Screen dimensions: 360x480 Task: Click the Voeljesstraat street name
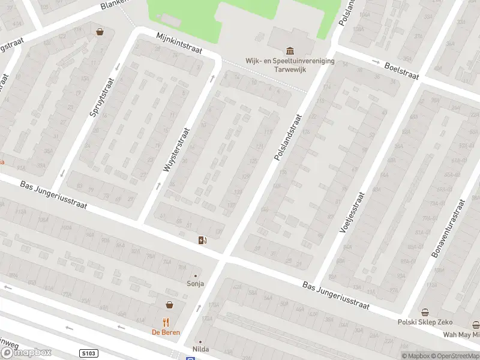coord(352,212)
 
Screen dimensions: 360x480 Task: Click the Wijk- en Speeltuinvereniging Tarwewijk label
coord(290,64)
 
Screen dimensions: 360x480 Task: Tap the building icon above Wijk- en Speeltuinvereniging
coord(290,50)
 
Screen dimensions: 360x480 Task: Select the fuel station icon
coord(203,241)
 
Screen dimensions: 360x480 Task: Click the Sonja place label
coord(196,284)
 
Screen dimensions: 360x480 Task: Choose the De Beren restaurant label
coord(165,332)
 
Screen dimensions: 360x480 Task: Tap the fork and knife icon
coord(166,322)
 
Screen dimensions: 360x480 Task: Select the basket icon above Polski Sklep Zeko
coord(425,312)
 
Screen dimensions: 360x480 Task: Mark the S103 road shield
coord(88,354)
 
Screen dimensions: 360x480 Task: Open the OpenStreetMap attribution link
coord(455,356)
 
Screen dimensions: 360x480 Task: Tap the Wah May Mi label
coord(461,335)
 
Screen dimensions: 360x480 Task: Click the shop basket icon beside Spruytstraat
coord(99,32)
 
